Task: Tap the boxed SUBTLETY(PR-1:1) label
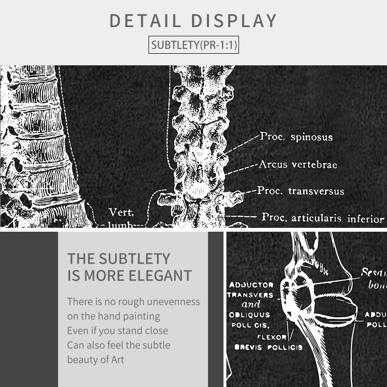click(x=194, y=45)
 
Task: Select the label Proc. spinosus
click(x=296, y=137)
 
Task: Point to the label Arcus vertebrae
click(x=298, y=164)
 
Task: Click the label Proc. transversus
click(x=300, y=191)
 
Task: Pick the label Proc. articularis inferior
click(x=323, y=217)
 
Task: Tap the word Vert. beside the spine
click(x=121, y=212)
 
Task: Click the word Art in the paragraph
click(x=117, y=359)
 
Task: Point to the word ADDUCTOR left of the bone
click(x=251, y=285)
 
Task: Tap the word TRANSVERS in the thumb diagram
click(x=251, y=295)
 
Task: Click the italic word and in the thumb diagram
click(x=251, y=305)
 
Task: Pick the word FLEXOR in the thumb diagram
click(x=271, y=337)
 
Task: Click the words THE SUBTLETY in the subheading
click(x=119, y=258)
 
